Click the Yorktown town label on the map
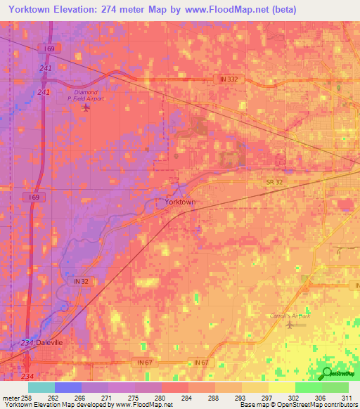(180, 202)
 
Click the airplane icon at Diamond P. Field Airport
(86, 108)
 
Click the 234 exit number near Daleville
(27, 342)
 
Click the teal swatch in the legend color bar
(41, 387)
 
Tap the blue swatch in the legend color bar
(68, 387)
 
